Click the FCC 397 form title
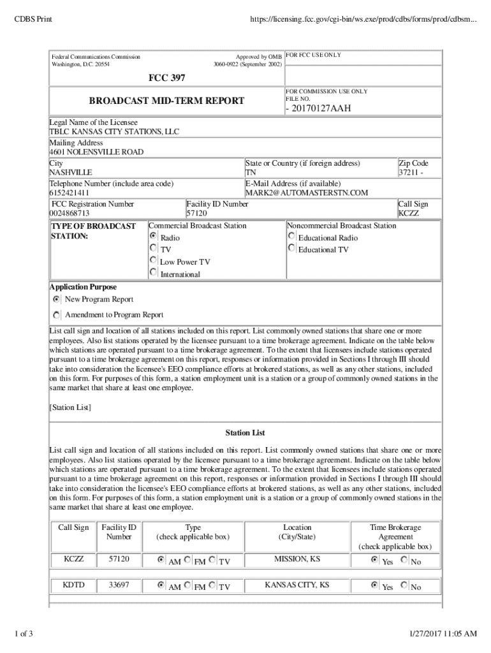tap(167, 78)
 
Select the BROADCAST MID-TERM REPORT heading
tap(166, 101)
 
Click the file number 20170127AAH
tap(318, 108)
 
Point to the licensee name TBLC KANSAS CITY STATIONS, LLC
tap(115, 132)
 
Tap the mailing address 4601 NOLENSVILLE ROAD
tap(96, 152)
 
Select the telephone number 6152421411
tap(70, 193)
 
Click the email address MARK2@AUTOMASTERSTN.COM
tap(307, 193)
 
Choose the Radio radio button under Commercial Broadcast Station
tap(153, 236)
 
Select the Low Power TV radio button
tap(153, 260)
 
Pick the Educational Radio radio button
tap(291, 236)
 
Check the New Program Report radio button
tap(57, 299)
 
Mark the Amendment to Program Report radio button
tap(57, 314)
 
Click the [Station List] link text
tap(70, 407)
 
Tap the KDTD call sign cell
tap(73, 585)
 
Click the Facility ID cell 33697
tap(119, 585)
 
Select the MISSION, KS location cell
tap(297, 559)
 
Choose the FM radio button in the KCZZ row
tap(187, 561)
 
